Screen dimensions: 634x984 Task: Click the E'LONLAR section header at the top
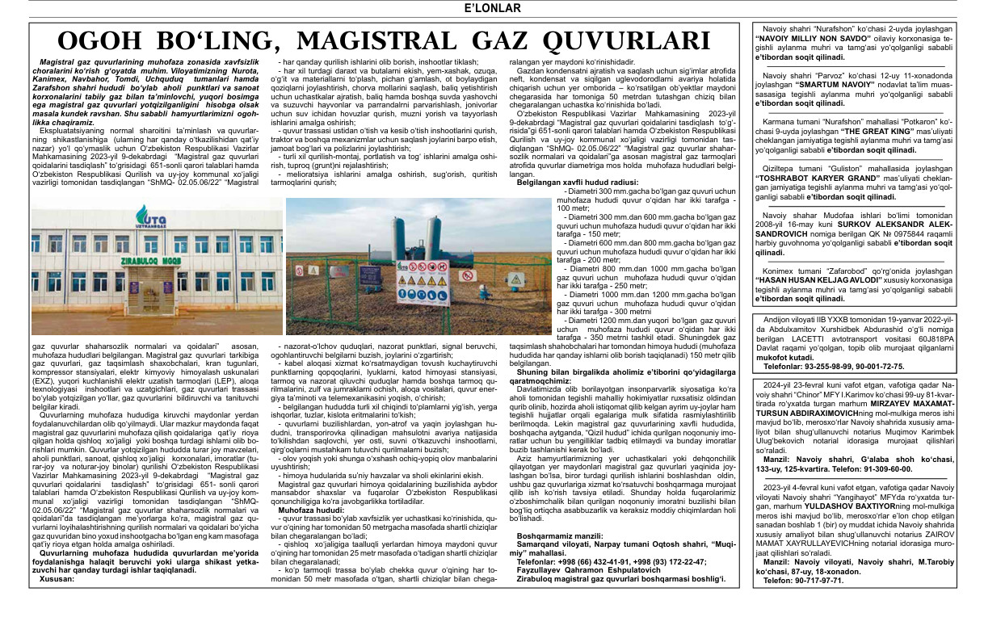coord(491,9)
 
